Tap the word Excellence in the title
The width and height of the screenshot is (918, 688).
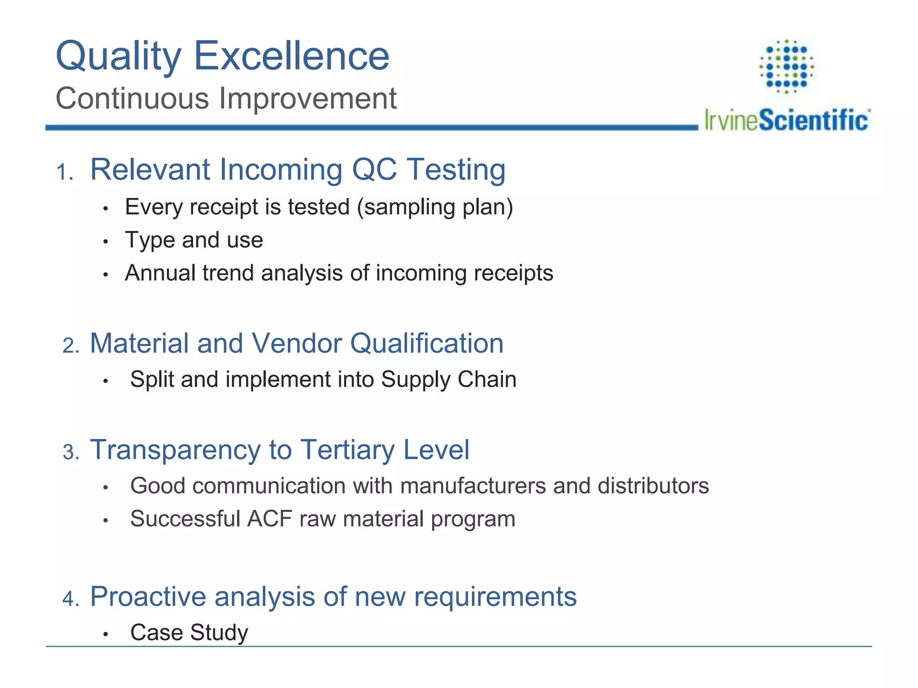click(291, 56)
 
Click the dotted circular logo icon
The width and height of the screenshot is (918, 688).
click(787, 66)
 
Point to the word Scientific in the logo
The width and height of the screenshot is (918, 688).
click(814, 120)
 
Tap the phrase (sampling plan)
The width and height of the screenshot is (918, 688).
click(435, 207)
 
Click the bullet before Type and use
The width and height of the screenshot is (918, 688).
click(106, 242)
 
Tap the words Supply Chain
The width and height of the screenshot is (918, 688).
click(449, 380)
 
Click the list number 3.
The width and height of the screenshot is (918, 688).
click(70, 452)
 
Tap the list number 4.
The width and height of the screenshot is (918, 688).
click(70, 599)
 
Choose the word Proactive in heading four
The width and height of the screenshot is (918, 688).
click(148, 597)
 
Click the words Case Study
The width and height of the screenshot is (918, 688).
click(189, 633)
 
